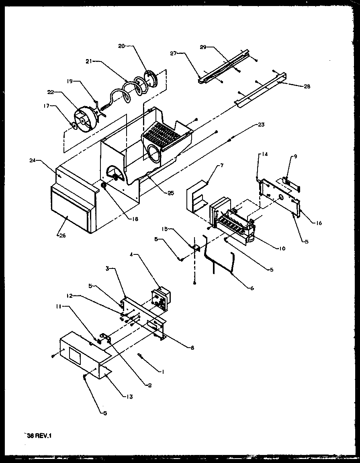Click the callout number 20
[x=121, y=47]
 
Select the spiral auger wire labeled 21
[x=121, y=93]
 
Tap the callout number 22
[x=50, y=92]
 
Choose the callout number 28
[x=307, y=86]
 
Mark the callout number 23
[x=261, y=125]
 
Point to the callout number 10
[x=282, y=248]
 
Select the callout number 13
[x=129, y=397]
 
